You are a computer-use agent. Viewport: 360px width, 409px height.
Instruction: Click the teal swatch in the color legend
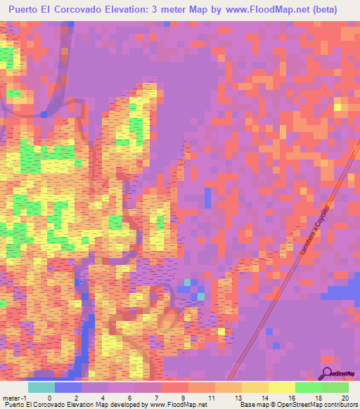point(41,387)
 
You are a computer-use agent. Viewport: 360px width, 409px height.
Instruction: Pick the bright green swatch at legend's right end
point(335,387)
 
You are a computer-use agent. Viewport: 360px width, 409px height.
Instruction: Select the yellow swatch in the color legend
point(281,387)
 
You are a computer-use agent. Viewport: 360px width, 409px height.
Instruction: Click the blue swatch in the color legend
point(68,387)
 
